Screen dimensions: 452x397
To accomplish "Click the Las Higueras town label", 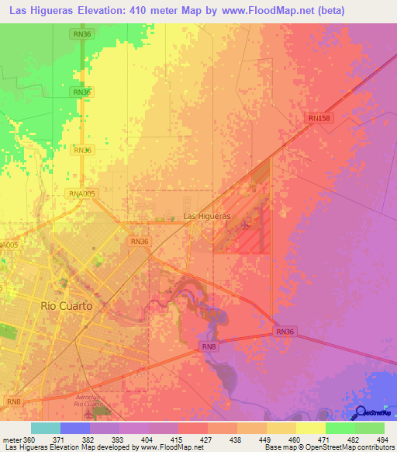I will point(206,216).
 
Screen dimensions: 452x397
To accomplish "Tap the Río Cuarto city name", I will point(67,306).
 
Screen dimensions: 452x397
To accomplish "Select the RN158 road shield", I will point(319,118).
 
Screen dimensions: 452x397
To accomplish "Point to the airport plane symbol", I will point(247,226).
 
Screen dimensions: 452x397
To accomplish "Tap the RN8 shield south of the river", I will point(209,346).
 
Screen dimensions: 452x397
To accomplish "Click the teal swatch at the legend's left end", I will point(45,428).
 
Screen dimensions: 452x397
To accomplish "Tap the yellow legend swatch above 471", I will point(310,428).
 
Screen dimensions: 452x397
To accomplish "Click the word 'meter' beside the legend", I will point(11,439).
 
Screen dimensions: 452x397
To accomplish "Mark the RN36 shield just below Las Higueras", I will point(140,242).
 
